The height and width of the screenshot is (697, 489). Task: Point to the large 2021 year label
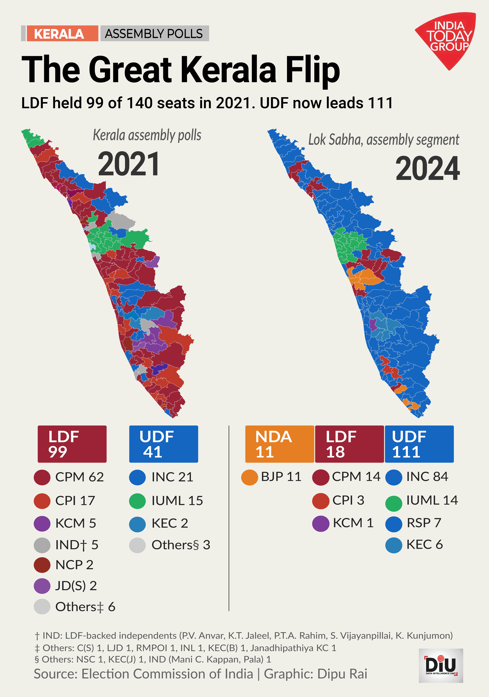click(x=129, y=164)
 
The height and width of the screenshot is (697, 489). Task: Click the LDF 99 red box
click(x=72, y=444)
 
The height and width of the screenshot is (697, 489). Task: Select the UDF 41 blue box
click(x=163, y=444)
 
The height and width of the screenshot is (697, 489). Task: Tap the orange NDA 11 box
click(x=279, y=444)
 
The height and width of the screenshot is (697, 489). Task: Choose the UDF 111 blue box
click(x=419, y=444)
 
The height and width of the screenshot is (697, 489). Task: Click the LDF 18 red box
click(x=349, y=444)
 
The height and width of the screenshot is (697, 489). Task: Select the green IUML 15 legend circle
click(x=137, y=501)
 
